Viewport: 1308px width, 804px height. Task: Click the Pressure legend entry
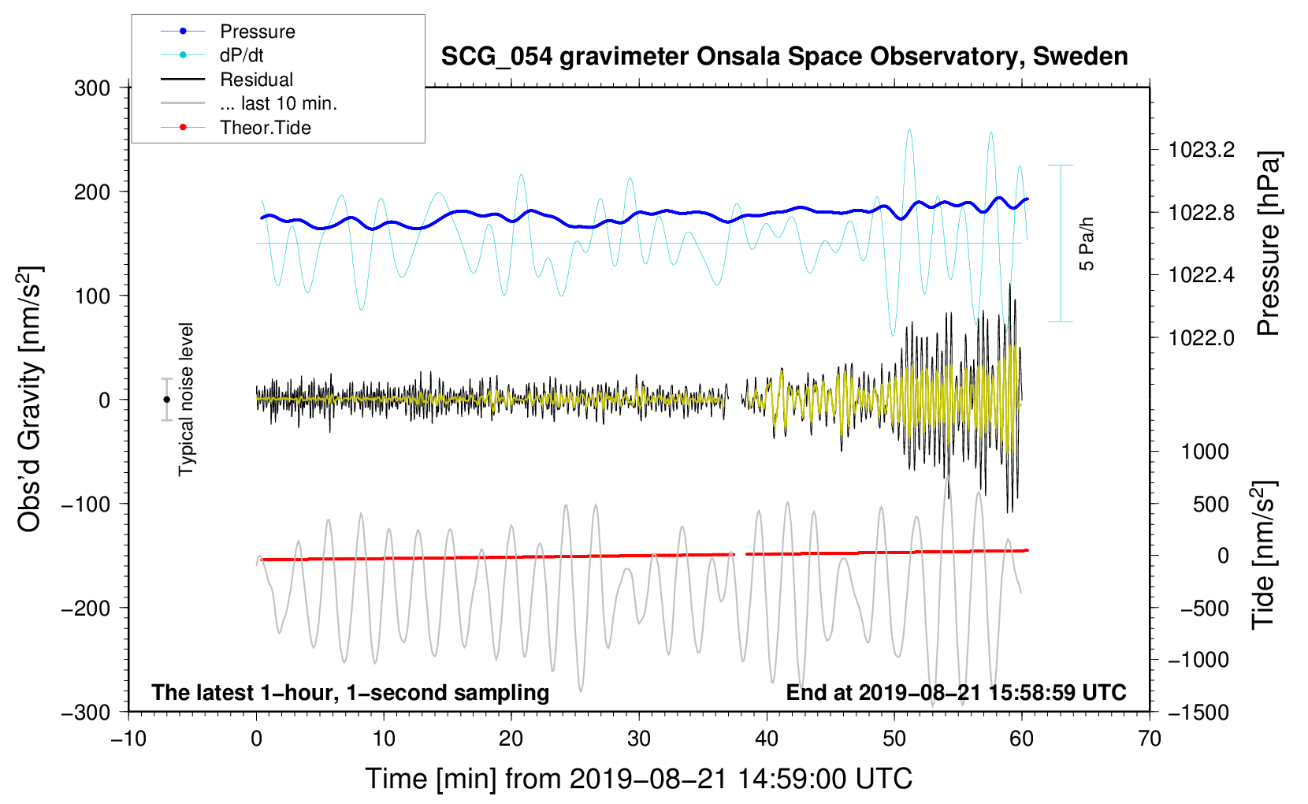257,32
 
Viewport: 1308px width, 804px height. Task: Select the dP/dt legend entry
241,55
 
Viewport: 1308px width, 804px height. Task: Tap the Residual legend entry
256,80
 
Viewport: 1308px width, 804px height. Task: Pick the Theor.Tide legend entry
265,128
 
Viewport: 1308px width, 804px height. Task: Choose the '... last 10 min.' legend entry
278,103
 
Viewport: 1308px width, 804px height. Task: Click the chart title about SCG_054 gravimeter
784,57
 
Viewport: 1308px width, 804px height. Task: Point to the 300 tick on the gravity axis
92,88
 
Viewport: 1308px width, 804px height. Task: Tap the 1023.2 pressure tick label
1202,150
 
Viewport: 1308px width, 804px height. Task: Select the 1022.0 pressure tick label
1202,338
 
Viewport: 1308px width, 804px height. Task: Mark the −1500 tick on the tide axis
1198,712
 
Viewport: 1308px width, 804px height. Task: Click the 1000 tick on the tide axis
1205,452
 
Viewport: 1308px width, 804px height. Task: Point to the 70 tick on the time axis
1150,739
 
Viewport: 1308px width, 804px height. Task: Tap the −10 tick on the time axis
128,739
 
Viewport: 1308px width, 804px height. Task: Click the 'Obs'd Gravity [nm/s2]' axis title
30,399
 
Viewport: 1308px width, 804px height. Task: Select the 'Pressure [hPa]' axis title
1268,244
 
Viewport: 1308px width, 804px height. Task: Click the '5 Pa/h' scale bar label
1087,244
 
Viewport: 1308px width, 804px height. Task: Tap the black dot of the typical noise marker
167,400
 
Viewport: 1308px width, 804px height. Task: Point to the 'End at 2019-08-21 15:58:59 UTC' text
956,692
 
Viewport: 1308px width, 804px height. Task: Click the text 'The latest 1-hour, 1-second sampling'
351,692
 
